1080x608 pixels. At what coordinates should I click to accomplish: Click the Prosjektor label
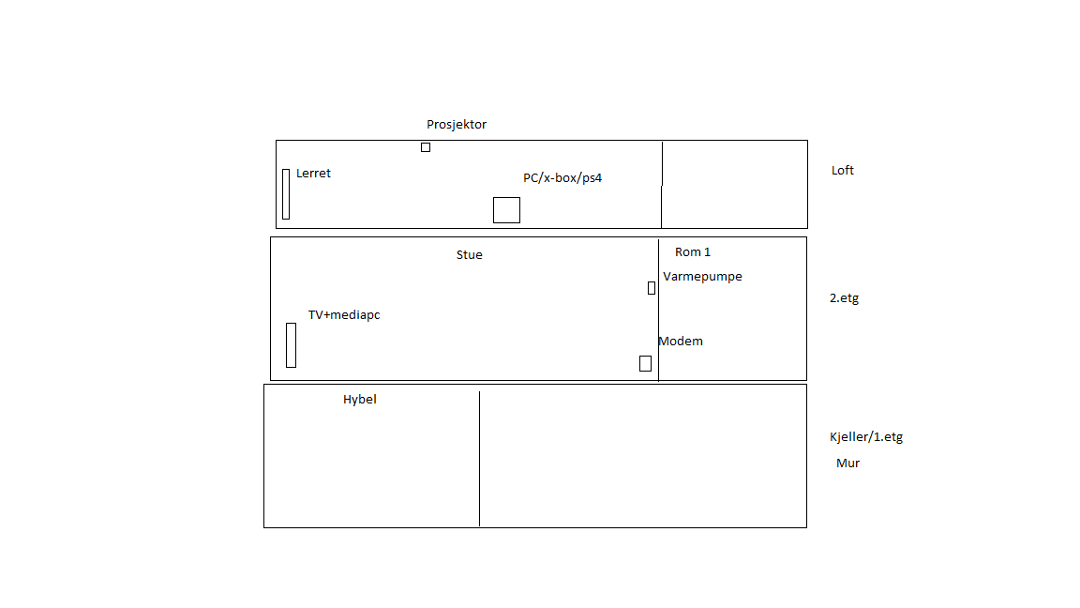(456, 125)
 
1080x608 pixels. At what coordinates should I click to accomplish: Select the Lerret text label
(313, 173)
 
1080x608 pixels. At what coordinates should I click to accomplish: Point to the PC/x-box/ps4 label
(562, 178)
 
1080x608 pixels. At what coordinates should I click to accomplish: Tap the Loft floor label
(843, 170)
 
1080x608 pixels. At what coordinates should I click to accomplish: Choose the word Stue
(469, 255)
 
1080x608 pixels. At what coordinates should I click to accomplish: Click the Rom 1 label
(692, 252)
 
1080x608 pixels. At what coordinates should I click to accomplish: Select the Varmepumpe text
(702, 277)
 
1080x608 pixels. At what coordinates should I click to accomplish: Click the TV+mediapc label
(344, 315)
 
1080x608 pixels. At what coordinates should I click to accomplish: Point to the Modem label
(681, 342)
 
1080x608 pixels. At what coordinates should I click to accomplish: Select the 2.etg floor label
(844, 298)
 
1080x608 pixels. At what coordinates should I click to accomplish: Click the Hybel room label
(360, 399)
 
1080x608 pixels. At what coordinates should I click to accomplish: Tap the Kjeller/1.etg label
(866, 437)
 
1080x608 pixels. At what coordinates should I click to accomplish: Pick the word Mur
(847, 464)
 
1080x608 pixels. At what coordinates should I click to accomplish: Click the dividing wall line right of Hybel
(479, 459)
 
